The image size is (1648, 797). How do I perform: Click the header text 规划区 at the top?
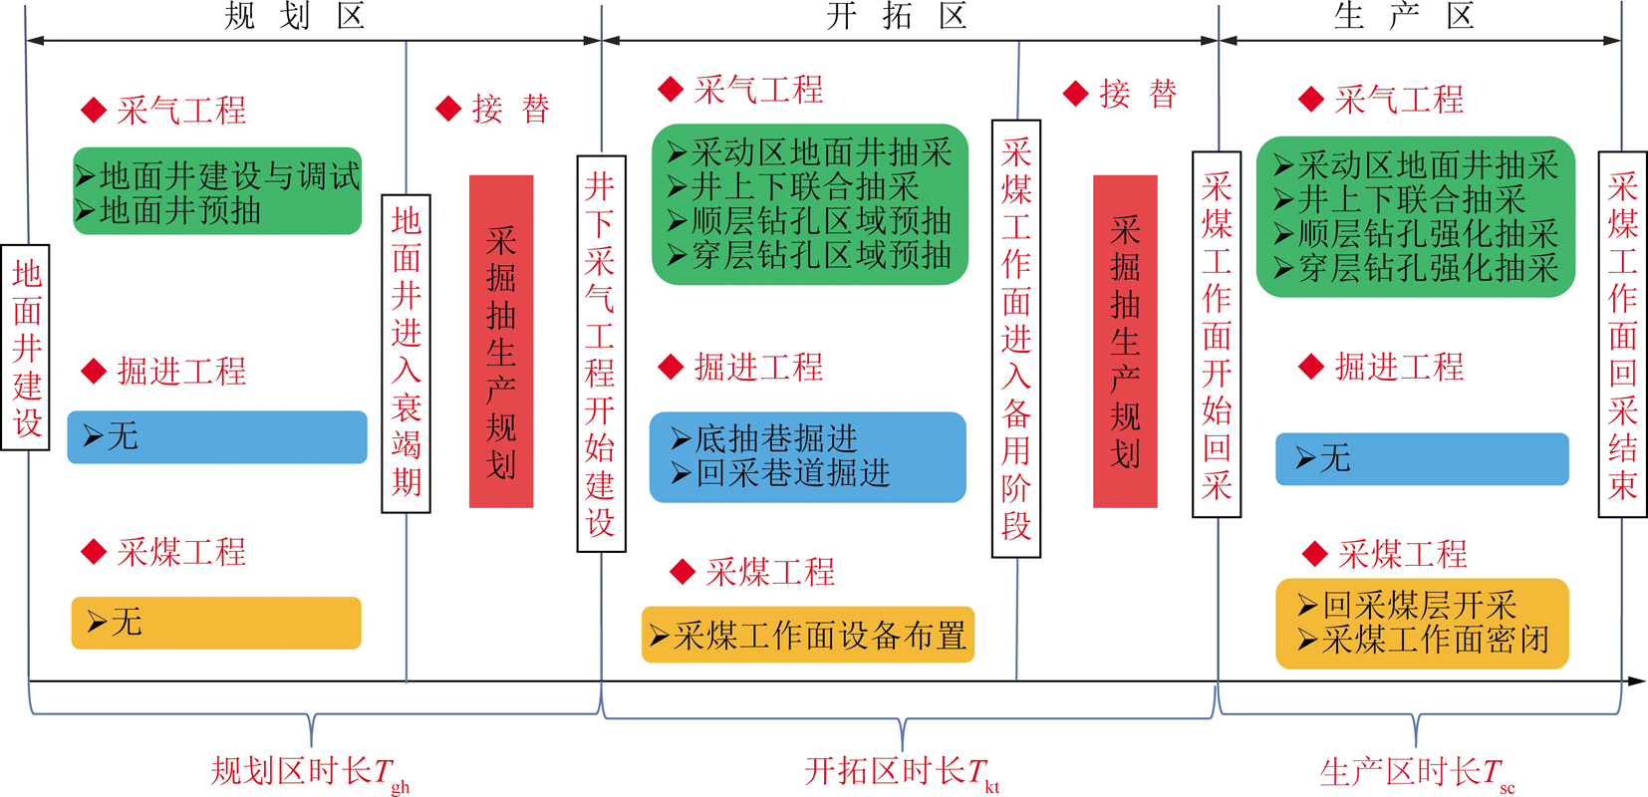294,16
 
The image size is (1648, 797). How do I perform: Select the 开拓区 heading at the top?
897,16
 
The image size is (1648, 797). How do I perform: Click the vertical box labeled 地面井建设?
25,348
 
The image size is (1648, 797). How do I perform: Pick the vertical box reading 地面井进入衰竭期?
407,354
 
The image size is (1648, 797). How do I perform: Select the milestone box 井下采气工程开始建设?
601,354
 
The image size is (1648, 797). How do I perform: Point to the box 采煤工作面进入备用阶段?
1016,339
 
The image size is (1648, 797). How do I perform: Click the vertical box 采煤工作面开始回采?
1217,334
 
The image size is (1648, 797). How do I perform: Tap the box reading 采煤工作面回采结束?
1622,334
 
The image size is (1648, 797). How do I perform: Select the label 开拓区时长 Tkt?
902,774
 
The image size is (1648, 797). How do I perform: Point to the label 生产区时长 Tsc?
1417,774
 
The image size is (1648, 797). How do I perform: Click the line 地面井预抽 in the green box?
168,210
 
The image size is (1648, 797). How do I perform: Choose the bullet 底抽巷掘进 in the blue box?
764,438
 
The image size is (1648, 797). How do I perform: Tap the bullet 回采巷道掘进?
780,472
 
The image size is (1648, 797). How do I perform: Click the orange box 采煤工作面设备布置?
808,635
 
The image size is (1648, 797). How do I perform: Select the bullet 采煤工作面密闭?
1424,640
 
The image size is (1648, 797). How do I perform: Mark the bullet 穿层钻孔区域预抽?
809,255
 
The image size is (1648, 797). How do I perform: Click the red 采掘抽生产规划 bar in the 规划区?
501,342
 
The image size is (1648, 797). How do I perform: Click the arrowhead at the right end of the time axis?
1638,681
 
